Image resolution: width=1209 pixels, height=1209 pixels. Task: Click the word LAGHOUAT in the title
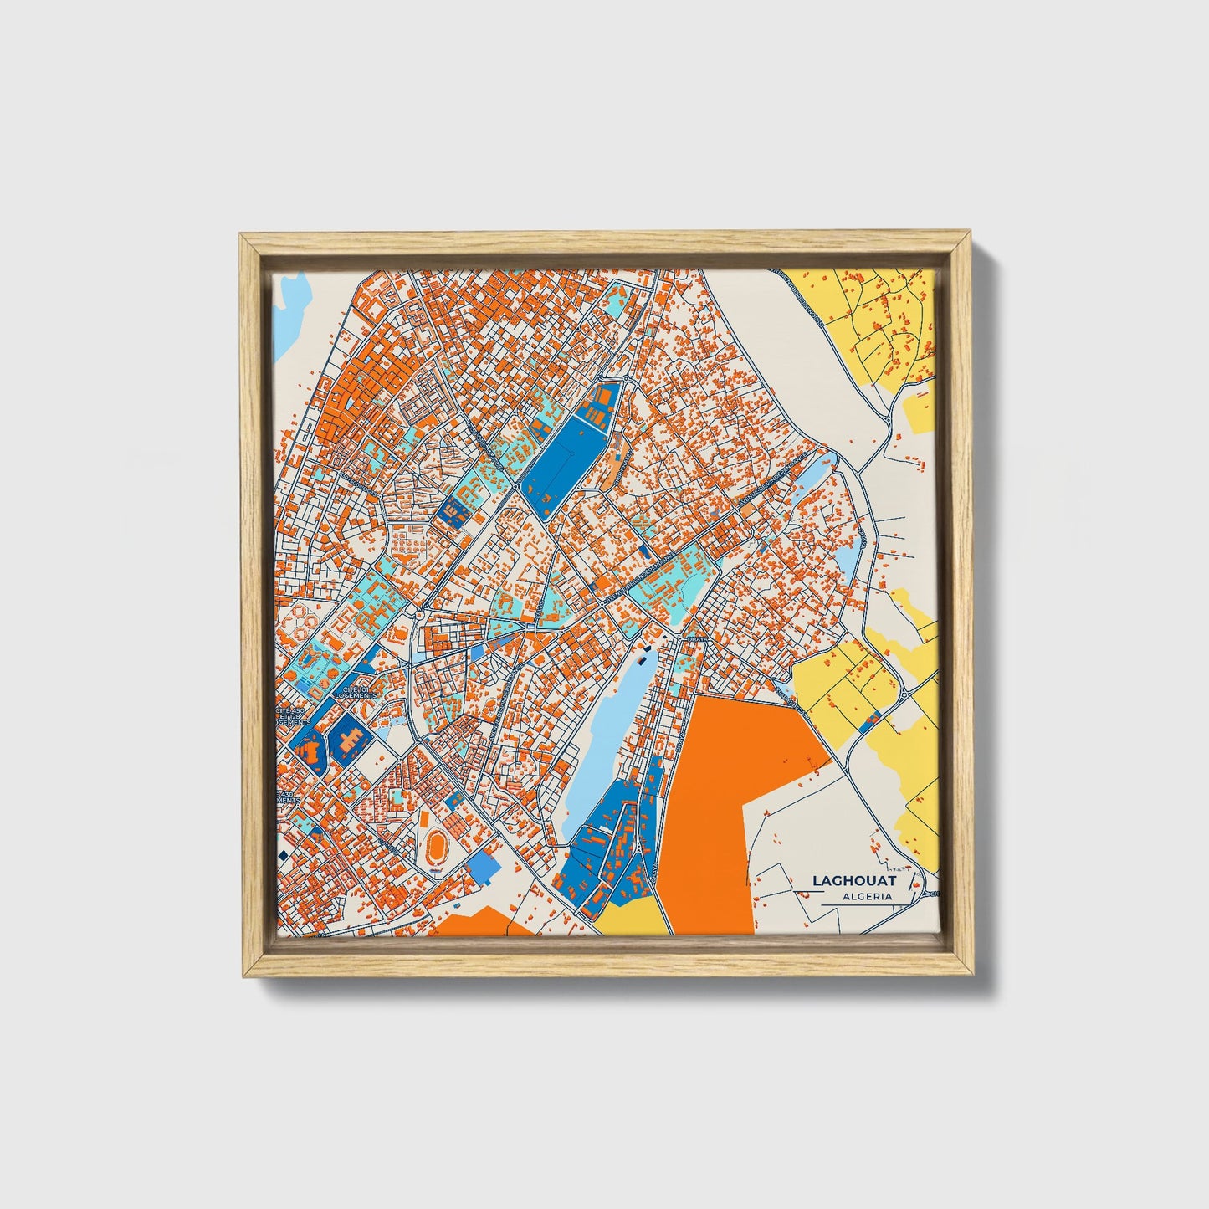pos(853,880)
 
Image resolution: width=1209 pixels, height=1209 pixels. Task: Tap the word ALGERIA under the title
pos(867,896)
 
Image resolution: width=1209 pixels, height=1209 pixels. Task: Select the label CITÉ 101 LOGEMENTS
pos(356,692)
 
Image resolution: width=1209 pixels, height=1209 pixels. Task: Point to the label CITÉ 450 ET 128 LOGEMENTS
pos(292,716)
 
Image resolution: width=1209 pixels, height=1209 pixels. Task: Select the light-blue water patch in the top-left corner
pos(292,310)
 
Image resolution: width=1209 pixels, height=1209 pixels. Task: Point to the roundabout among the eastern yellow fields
pos(904,694)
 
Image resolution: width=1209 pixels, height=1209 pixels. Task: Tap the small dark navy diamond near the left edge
pos(283,854)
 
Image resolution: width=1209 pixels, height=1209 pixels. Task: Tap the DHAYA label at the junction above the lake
pos(696,638)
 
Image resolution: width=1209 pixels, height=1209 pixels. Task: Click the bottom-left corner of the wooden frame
pos(243,975)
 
